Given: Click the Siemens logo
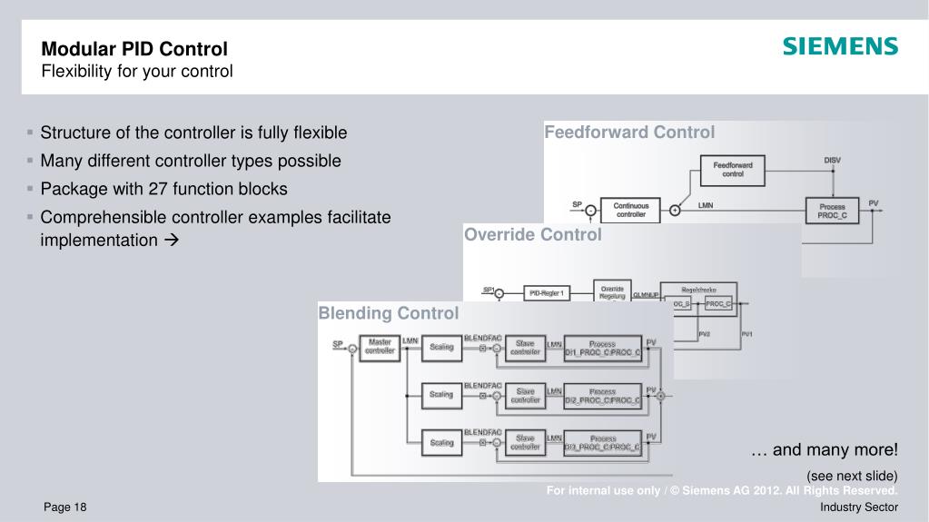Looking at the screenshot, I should (840, 46).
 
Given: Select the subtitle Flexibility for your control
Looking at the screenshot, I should (137, 71).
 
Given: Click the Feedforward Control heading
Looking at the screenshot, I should (629, 133).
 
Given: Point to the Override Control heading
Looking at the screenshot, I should (532, 235).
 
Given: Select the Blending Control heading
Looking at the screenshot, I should (388, 313).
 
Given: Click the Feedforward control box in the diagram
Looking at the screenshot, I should (732, 169).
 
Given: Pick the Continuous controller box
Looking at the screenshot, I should (631, 210).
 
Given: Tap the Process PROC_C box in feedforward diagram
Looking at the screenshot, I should (832, 211).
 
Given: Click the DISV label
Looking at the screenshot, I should (832, 160).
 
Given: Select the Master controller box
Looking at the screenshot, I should (380, 347).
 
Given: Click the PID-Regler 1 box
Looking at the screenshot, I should (548, 292).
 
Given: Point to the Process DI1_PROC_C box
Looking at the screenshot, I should (602, 348).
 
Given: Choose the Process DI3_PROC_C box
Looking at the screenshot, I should (602, 442).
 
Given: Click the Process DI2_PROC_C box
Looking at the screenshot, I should (602, 395).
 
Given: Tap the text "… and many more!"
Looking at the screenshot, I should (825, 450).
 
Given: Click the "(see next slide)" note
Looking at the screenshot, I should (852, 476).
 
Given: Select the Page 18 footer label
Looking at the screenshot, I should (64, 507).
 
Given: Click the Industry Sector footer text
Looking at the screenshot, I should (858, 507).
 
